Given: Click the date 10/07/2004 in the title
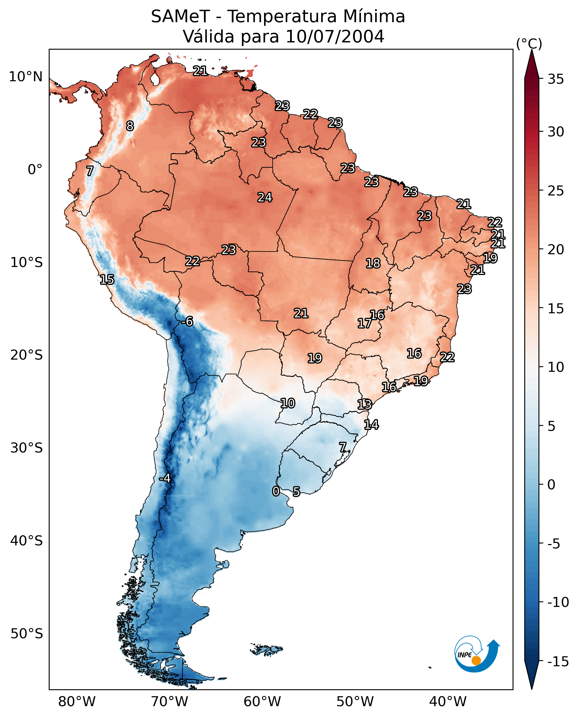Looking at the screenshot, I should pos(335,36).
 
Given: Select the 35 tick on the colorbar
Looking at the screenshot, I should pos(556,79).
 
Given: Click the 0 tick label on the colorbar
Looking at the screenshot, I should pos(551,484).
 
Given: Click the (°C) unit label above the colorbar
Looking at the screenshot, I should pos(529,44).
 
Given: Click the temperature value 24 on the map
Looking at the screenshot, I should pos(265,197).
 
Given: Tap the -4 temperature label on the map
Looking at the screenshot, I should pos(165,478).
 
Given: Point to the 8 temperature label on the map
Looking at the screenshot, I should pos(130,126).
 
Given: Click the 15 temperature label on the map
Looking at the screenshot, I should pos(107,279).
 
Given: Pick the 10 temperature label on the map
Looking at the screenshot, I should pos(287,403).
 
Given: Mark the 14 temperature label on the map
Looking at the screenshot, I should pos(371,424).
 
